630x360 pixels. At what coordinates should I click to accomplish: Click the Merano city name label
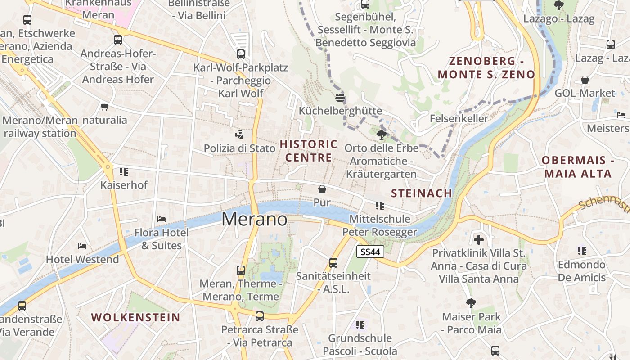(255, 219)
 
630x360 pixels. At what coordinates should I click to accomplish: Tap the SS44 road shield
(370, 252)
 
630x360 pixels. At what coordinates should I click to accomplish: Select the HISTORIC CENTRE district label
(309, 151)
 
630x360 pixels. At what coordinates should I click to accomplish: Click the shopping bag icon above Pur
(322, 189)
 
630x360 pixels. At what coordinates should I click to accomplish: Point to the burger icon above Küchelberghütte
(340, 98)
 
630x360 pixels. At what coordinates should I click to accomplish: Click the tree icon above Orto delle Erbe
(382, 135)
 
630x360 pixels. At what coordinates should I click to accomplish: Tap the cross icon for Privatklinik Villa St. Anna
(479, 239)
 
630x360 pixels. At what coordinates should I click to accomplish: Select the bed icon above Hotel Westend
(82, 246)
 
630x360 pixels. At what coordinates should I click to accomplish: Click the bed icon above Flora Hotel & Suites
(162, 219)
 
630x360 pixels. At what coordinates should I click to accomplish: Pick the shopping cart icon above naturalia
(105, 107)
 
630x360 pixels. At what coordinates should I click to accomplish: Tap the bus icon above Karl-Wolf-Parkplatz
(241, 54)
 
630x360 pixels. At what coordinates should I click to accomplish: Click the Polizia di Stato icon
(239, 135)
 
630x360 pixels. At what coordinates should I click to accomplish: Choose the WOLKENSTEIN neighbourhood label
(136, 317)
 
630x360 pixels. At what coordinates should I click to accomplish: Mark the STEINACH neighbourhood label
(421, 193)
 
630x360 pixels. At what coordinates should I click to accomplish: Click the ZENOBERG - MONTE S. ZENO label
(486, 67)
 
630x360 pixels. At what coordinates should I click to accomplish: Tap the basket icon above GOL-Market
(585, 80)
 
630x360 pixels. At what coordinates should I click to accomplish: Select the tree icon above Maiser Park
(471, 303)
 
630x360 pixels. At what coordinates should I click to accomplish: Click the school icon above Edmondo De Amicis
(582, 251)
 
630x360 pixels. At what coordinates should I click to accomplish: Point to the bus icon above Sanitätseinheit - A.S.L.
(333, 262)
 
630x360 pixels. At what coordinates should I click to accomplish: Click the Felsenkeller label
(459, 118)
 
